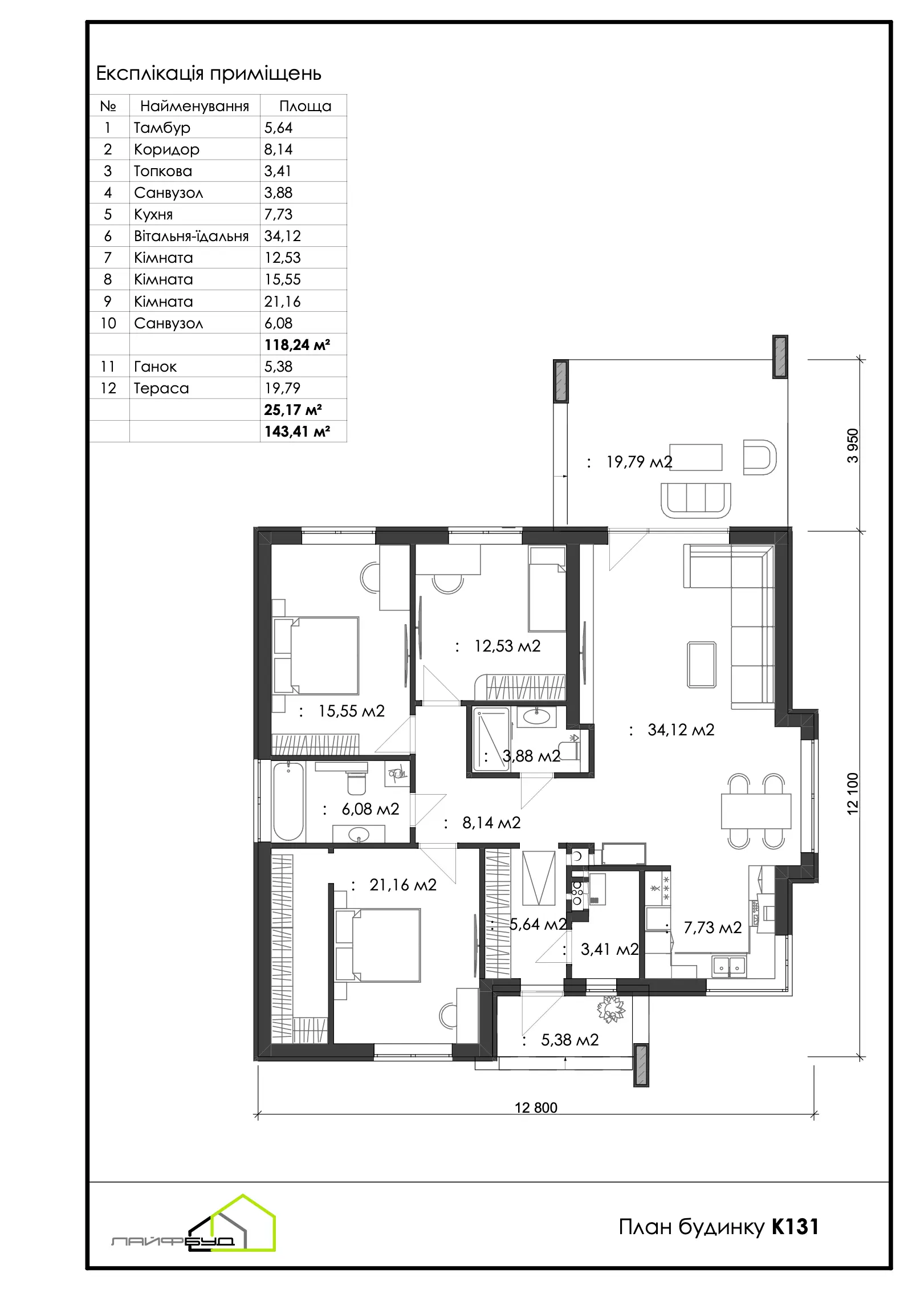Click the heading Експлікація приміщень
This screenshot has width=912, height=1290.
[x=209, y=74]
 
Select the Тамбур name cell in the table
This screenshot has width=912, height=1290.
[x=162, y=127]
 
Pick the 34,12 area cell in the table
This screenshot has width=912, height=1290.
[x=282, y=236]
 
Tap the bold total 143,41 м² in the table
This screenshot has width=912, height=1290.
[x=297, y=432]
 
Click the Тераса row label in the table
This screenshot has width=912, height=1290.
[x=161, y=388]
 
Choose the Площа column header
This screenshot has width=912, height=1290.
[x=305, y=106]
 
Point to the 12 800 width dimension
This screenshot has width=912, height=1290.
[x=536, y=1108]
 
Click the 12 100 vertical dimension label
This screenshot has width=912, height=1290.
[x=852, y=793]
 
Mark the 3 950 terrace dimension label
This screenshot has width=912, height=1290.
[x=852, y=446]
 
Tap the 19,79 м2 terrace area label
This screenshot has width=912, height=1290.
[x=639, y=462]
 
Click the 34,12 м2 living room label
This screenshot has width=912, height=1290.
[x=681, y=730]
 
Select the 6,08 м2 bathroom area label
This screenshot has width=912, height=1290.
[x=370, y=809]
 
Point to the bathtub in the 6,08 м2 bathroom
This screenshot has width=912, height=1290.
[x=288, y=801]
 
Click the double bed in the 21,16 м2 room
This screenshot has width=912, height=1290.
[x=378, y=945]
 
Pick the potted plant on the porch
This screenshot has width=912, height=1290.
[x=610, y=1008]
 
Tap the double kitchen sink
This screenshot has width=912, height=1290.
[x=729, y=966]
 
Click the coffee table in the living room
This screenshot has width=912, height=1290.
[x=702, y=665]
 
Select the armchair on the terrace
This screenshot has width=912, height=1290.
[x=760, y=457]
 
